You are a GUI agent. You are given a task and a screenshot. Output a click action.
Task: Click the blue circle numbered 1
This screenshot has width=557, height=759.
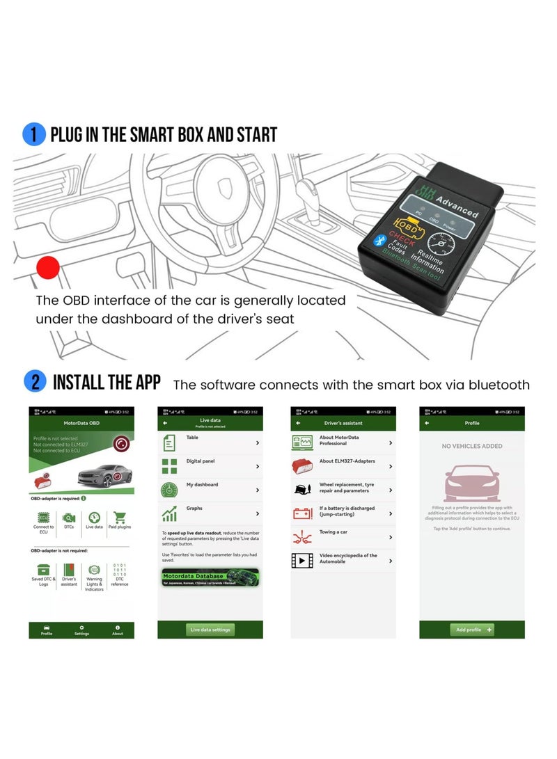(x=33, y=134)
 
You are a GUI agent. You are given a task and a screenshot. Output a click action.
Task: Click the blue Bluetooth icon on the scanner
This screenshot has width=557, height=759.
(x=380, y=241)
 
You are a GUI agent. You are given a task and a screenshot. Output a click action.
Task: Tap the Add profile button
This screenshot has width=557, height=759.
(x=471, y=629)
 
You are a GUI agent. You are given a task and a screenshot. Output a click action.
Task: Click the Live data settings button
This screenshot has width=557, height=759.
(x=210, y=629)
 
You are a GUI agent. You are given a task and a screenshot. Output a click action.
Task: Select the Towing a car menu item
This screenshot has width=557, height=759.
(x=343, y=536)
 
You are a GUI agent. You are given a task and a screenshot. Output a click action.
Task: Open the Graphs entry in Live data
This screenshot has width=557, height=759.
(x=210, y=513)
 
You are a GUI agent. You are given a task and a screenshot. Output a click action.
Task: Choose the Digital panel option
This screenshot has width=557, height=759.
(x=210, y=465)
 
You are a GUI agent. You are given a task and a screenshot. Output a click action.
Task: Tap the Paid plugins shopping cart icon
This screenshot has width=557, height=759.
(x=120, y=518)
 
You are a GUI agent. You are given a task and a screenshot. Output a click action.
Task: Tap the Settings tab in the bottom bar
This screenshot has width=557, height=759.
(x=81, y=630)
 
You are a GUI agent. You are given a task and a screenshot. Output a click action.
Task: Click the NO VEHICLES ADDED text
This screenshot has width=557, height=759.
(x=471, y=446)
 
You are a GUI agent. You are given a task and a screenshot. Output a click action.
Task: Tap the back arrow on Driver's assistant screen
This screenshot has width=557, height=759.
(x=298, y=423)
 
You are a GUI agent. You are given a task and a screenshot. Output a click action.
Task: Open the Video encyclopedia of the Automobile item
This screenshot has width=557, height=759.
(x=343, y=560)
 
